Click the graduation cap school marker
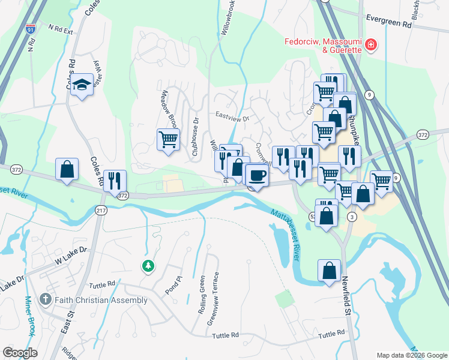[x=81, y=85]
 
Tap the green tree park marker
[x=147, y=265]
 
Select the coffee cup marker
[x=258, y=176]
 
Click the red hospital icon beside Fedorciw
[x=371, y=44]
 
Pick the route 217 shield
[x=101, y=209]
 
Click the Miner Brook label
[x=29, y=316]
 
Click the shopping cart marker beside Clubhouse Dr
[x=168, y=140]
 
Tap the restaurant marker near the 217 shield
[x=115, y=181]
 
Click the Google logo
[x=20, y=353]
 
